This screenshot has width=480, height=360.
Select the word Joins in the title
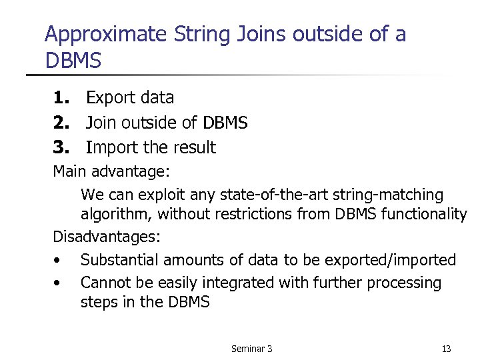pos(261,35)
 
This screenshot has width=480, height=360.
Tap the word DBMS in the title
pos(73,61)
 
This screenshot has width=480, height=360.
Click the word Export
pos(109,98)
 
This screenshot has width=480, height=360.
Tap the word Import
pos(111,147)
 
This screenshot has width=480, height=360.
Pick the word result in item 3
pos(193,147)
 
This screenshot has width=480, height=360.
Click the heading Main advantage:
pos(112,172)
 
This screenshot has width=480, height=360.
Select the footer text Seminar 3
pos(251,349)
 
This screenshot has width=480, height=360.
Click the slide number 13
pos(446,349)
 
